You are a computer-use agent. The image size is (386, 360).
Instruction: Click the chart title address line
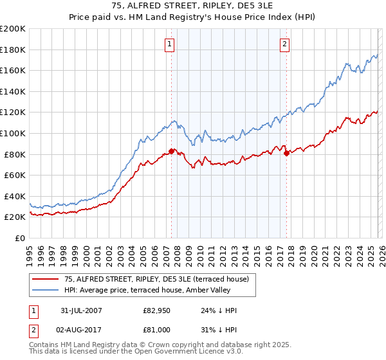pos(193,7)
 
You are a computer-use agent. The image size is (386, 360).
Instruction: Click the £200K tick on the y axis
pos(13,29)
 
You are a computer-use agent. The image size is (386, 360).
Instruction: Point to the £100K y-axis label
pos(13,133)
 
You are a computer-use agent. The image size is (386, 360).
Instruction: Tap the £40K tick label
pos(15,196)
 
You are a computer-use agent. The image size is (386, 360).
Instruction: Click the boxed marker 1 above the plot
pos(169,44)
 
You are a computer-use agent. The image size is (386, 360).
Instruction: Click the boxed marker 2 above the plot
pos(284,44)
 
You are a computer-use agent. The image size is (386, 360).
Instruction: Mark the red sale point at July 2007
pos(171,151)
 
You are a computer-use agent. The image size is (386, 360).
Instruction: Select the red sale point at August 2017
pos(286,153)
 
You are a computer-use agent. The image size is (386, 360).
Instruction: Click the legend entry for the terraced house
pos(160,278)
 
